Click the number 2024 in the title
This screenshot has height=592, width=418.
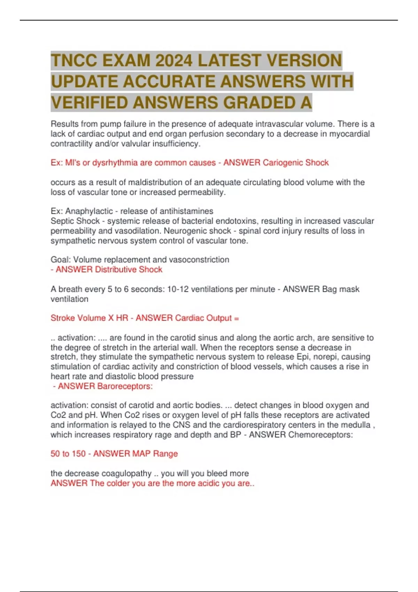click(x=174, y=60)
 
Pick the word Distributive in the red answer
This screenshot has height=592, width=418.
click(x=116, y=270)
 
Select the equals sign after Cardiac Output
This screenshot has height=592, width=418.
click(x=237, y=318)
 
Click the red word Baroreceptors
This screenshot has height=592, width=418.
click(x=125, y=386)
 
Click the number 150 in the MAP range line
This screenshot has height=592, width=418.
click(x=79, y=454)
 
